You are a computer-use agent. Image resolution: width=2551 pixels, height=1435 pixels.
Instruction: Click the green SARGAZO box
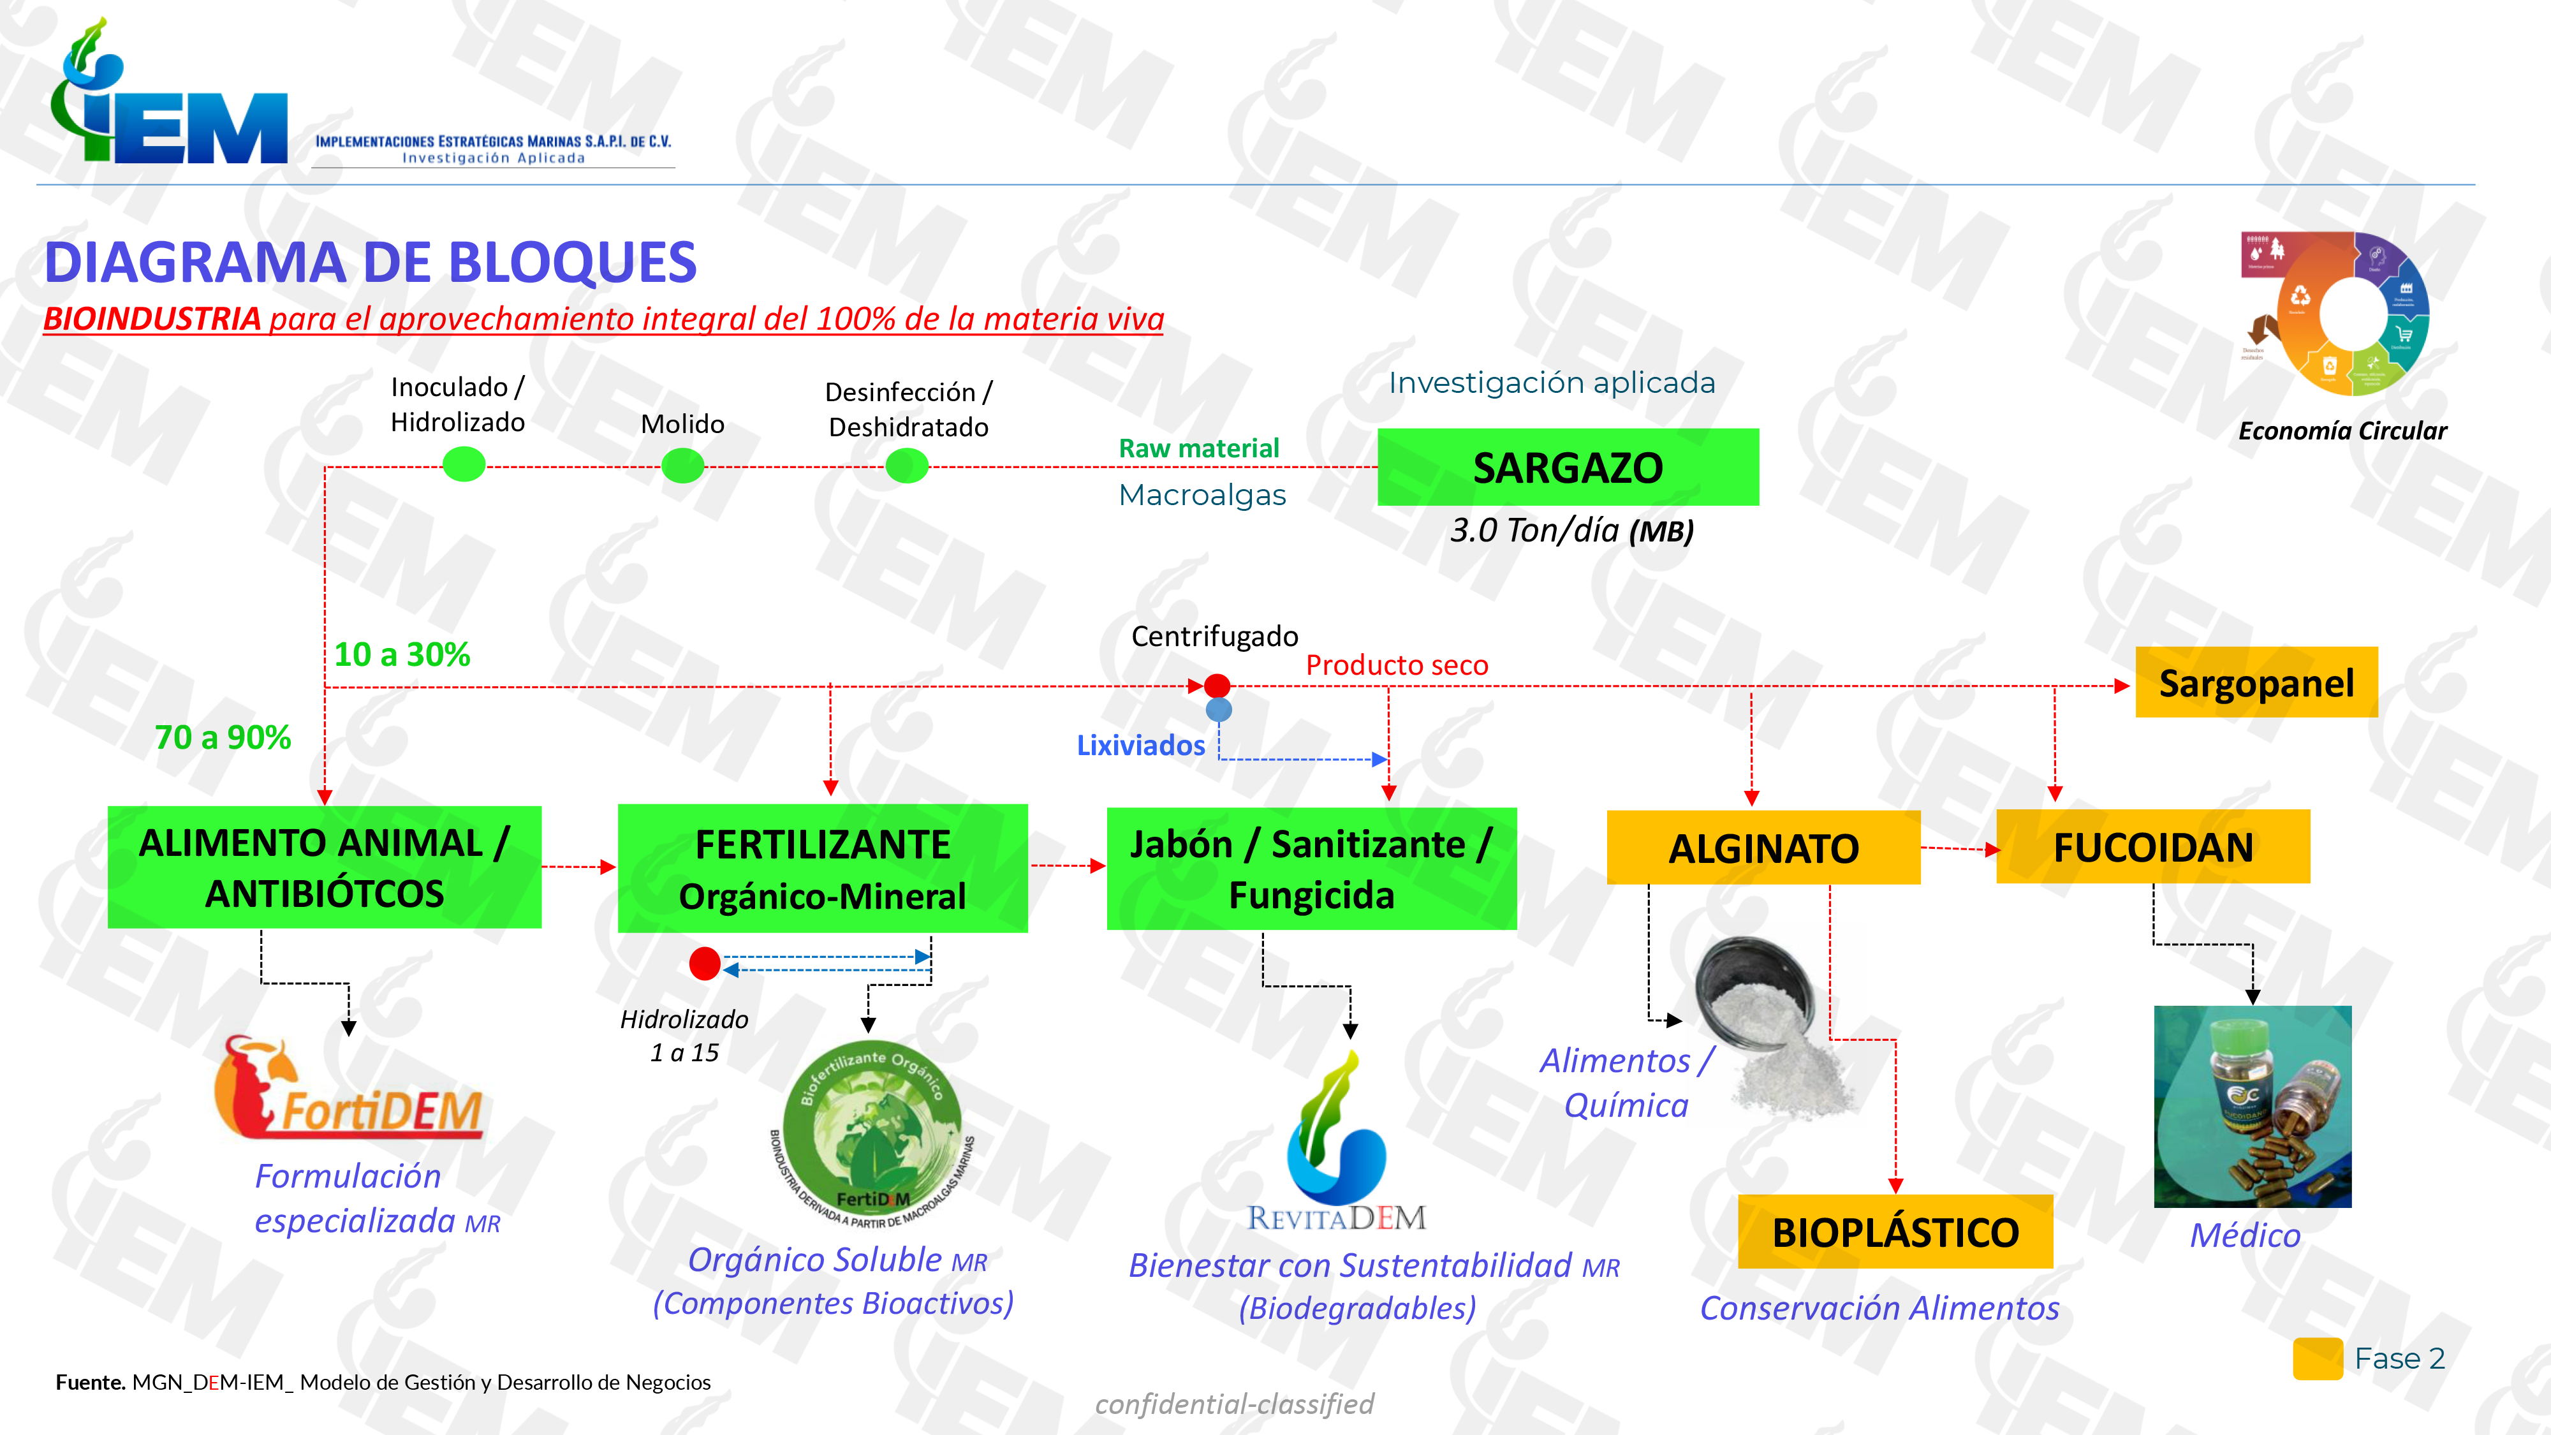(1568, 467)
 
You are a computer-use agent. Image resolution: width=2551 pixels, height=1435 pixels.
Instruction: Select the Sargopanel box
(2256, 682)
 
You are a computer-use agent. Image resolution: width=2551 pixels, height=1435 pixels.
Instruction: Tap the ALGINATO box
(1763, 848)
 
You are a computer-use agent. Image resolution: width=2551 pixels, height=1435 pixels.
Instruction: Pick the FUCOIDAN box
(2153, 847)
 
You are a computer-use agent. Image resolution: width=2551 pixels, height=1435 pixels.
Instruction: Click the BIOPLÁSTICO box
(1894, 1232)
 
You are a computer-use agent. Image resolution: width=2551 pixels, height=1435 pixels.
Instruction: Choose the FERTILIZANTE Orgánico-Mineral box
(822, 869)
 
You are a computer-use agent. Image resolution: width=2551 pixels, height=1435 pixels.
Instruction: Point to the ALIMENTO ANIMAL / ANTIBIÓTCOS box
(324, 867)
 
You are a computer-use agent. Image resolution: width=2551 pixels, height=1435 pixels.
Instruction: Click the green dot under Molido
(682, 464)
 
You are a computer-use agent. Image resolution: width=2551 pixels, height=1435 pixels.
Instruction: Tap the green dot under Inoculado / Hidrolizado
(464, 464)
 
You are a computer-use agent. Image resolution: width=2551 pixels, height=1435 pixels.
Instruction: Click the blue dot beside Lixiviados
(1219, 710)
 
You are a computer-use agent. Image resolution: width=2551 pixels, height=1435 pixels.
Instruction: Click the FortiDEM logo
(349, 1089)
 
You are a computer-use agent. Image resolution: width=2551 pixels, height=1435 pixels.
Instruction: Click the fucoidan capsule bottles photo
(2252, 1106)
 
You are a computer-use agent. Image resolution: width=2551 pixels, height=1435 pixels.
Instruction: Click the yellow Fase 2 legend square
(2318, 1358)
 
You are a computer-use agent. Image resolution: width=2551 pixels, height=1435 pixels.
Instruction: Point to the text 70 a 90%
(223, 738)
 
